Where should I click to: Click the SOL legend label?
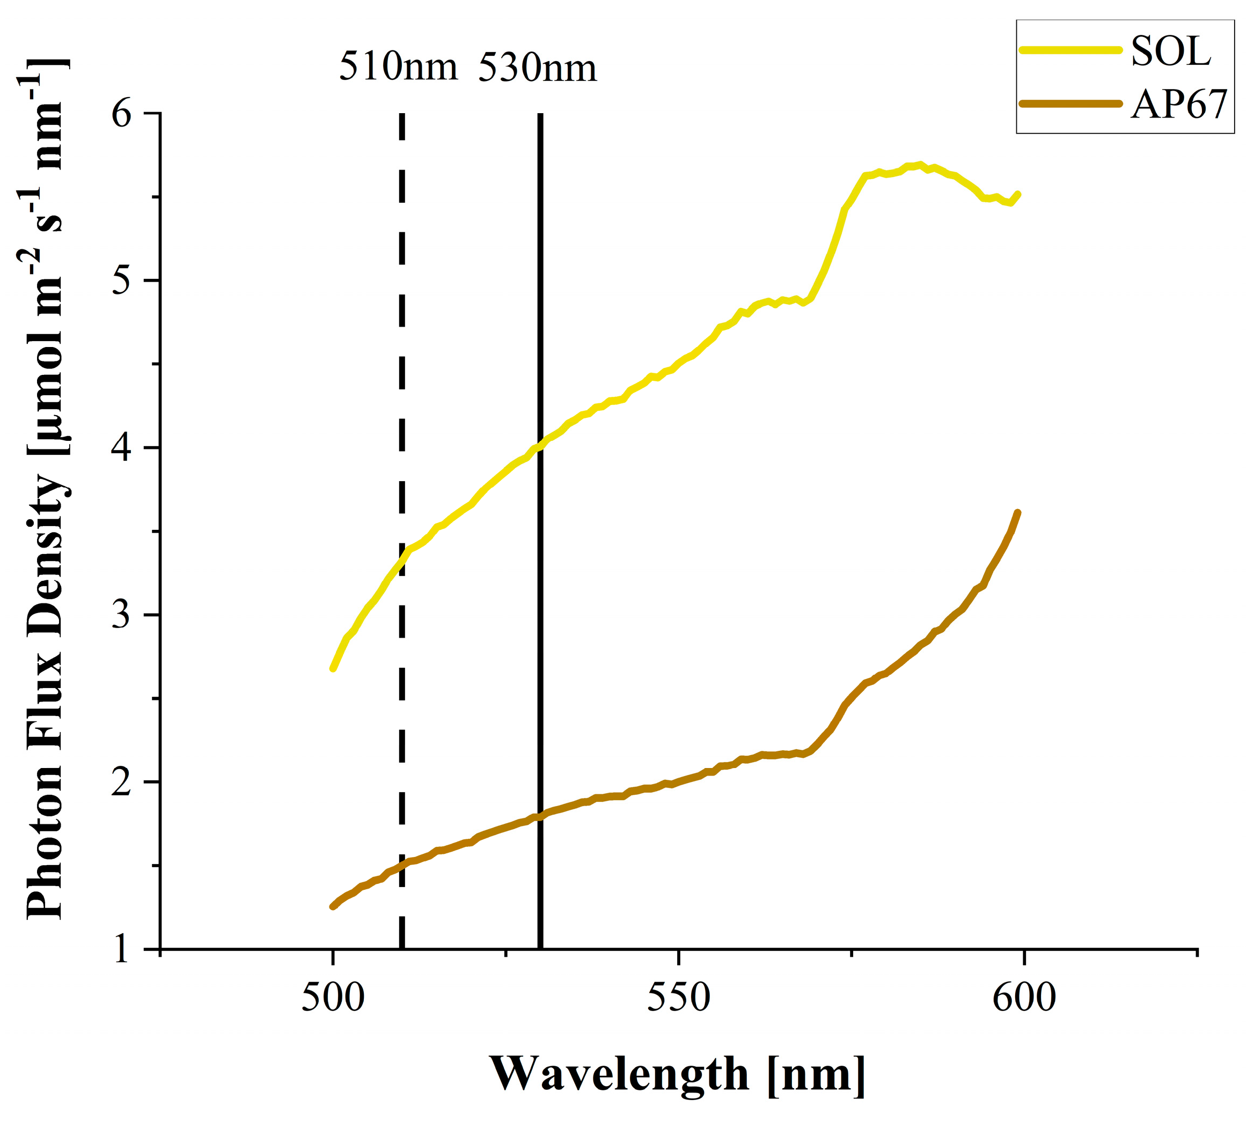coord(1170,50)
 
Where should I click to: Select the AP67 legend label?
coord(1179,104)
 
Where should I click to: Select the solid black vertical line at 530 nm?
coord(540,616)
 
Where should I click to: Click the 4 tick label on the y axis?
coord(121,448)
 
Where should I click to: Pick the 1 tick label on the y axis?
coord(121,949)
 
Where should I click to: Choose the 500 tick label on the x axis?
coord(333,998)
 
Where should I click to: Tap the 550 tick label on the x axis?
coord(678,998)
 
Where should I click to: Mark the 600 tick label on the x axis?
coord(1024,998)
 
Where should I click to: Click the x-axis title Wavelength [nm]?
coord(677,1074)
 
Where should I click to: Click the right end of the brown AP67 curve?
coord(1017,513)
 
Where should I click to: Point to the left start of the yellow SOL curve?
coord(333,668)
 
